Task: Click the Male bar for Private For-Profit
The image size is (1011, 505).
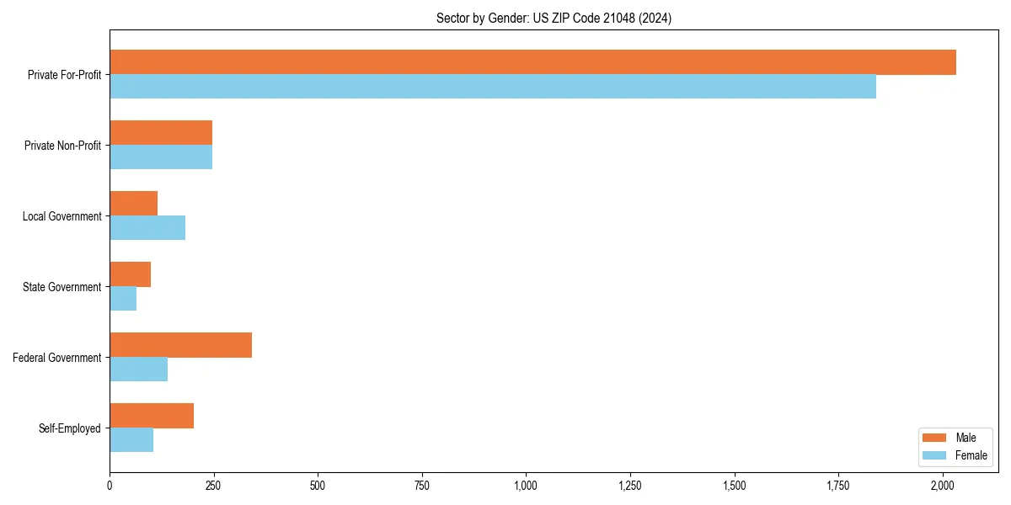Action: coord(532,62)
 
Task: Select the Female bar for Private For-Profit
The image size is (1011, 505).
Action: coord(493,87)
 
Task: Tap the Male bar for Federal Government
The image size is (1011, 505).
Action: coord(180,345)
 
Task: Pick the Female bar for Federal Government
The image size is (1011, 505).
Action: coord(138,369)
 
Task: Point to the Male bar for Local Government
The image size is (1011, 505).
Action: coord(133,204)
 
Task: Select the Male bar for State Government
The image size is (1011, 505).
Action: coord(130,274)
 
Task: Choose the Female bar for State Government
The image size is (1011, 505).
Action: coord(123,299)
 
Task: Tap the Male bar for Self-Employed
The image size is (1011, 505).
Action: coord(152,416)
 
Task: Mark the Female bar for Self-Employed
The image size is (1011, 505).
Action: coord(131,440)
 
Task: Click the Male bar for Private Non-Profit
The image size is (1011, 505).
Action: coord(161,133)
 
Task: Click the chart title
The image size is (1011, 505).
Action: coord(554,18)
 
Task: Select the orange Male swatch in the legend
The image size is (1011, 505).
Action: coord(935,438)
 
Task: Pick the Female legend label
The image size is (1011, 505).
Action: coord(971,455)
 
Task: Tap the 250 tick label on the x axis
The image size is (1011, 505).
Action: coord(214,486)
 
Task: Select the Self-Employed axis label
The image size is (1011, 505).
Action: coord(70,428)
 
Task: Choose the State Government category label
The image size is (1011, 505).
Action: coord(62,287)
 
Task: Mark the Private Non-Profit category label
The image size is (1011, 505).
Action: coord(62,146)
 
